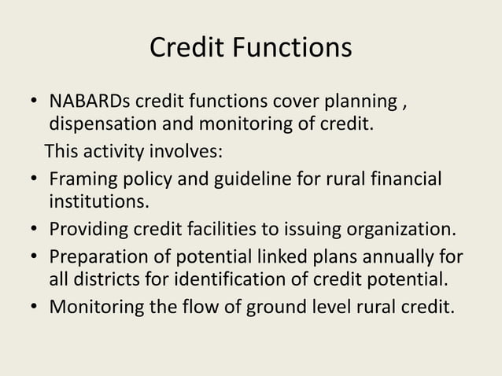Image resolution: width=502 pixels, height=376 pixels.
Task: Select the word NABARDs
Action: pos(90,104)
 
